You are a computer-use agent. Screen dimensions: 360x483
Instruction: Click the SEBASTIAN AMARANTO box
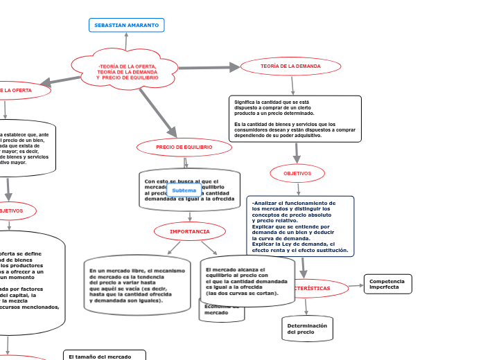pyautogui.click(x=126, y=26)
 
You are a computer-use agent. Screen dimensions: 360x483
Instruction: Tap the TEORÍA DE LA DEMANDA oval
pyautogui.click(x=290, y=66)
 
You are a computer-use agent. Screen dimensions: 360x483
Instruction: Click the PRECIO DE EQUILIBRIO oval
pyautogui.click(x=184, y=147)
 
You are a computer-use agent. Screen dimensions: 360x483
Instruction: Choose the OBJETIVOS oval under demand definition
pyautogui.click(x=297, y=173)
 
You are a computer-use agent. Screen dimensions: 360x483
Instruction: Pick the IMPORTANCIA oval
pyautogui.click(x=190, y=231)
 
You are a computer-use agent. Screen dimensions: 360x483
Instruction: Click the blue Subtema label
pyautogui.click(x=184, y=190)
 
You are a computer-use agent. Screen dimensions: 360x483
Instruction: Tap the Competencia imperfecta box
pyautogui.click(x=387, y=284)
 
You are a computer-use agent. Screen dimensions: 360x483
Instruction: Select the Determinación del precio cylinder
pyautogui.click(x=306, y=329)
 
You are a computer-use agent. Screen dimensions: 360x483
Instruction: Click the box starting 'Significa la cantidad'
pyautogui.click(x=295, y=118)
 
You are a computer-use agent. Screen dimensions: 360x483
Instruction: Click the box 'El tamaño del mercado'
pyautogui.click(x=104, y=356)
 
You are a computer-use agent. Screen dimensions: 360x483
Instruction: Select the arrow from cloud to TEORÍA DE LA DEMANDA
pyautogui.click(x=208, y=68)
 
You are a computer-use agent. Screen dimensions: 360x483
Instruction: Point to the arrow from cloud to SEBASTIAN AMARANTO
pyautogui.click(x=126, y=42)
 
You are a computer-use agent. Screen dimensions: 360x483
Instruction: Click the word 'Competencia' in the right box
pyautogui.click(x=387, y=281)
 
